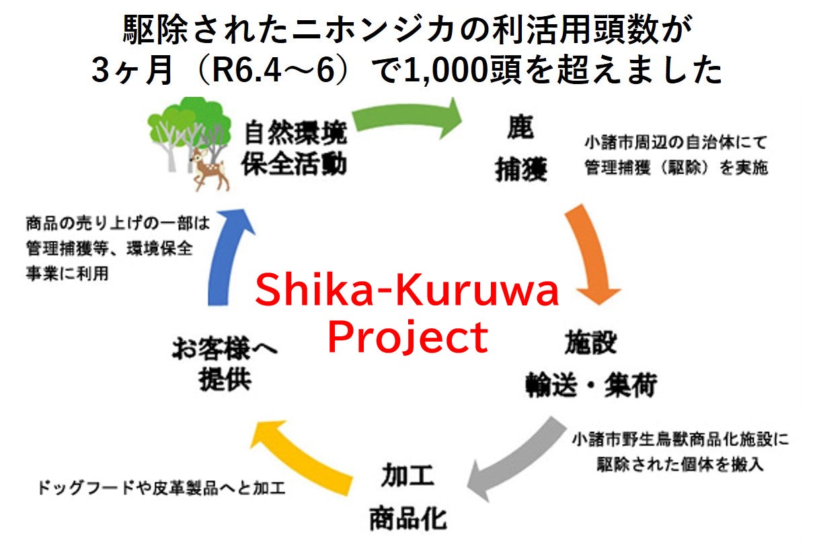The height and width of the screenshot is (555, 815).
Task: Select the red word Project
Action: click(x=407, y=338)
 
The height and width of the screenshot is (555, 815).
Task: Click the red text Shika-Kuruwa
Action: click(x=407, y=291)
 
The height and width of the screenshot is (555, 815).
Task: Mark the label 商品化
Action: click(x=407, y=518)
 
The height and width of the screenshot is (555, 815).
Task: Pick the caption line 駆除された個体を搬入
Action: click(x=679, y=464)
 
